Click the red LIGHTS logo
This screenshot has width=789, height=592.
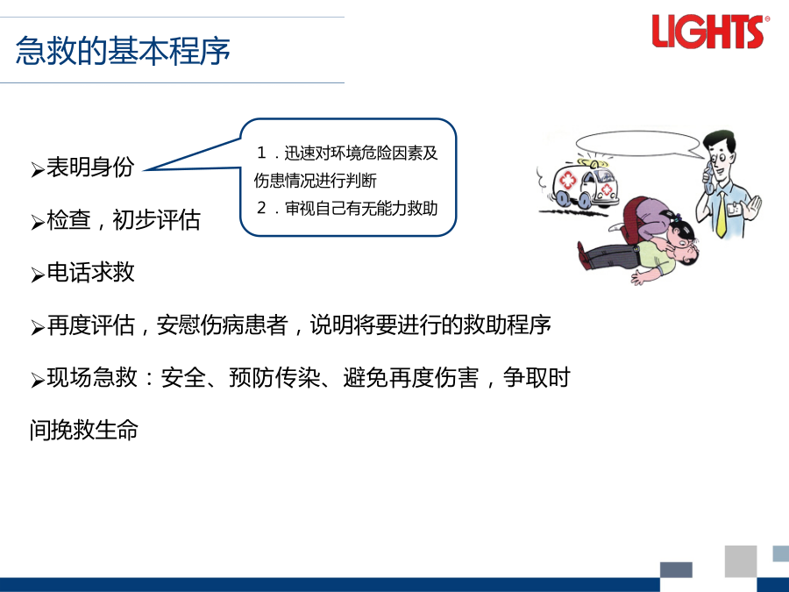(x=708, y=32)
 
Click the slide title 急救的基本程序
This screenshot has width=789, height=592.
(x=123, y=51)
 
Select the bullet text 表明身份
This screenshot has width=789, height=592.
(x=90, y=168)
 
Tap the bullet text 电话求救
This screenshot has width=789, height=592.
(x=90, y=273)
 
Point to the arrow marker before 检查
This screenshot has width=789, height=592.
(x=37, y=222)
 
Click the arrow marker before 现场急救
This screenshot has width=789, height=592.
(x=37, y=380)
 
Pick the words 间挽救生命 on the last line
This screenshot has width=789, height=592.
(x=83, y=430)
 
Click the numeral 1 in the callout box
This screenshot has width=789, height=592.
(x=261, y=152)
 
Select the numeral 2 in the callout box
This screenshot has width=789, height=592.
(x=261, y=207)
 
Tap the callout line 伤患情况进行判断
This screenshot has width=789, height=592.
(x=315, y=180)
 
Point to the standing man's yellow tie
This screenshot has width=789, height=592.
(x=721, y=214)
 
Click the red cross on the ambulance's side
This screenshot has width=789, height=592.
(x=568, y=180)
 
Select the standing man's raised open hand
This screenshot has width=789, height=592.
(x=752, y=207)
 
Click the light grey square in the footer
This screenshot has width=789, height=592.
(x=741, y=560)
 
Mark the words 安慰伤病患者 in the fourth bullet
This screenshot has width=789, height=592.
(x=222, y=325)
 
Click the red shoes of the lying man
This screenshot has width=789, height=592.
(x=583, y=255)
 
